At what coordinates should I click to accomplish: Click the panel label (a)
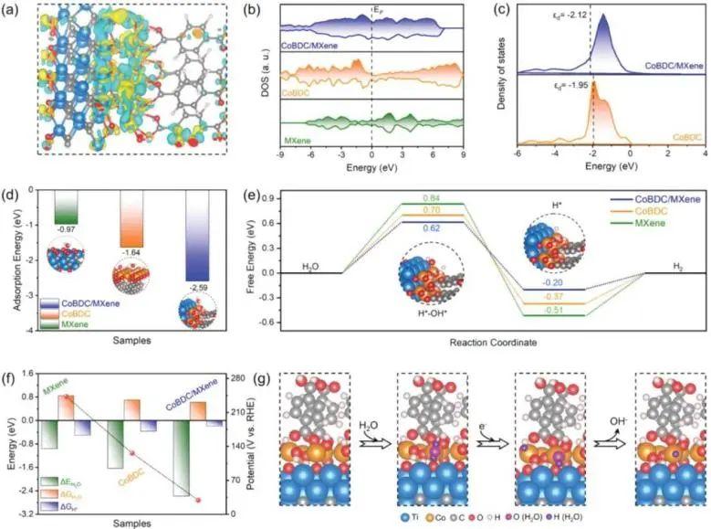(16, 11)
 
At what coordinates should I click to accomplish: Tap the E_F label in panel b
(375, 11)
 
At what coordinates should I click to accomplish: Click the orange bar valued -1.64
(131, 220)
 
